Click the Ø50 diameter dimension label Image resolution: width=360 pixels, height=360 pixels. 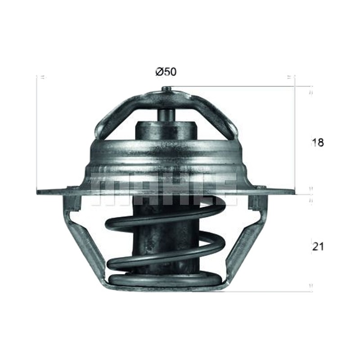166,72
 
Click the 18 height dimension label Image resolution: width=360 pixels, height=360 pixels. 318,143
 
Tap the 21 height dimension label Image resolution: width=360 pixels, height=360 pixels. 318,247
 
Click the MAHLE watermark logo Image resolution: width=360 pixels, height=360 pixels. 164,189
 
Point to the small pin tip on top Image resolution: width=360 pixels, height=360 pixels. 166,88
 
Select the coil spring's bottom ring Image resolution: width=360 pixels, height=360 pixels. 165,280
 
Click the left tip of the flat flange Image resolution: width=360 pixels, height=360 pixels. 37,192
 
